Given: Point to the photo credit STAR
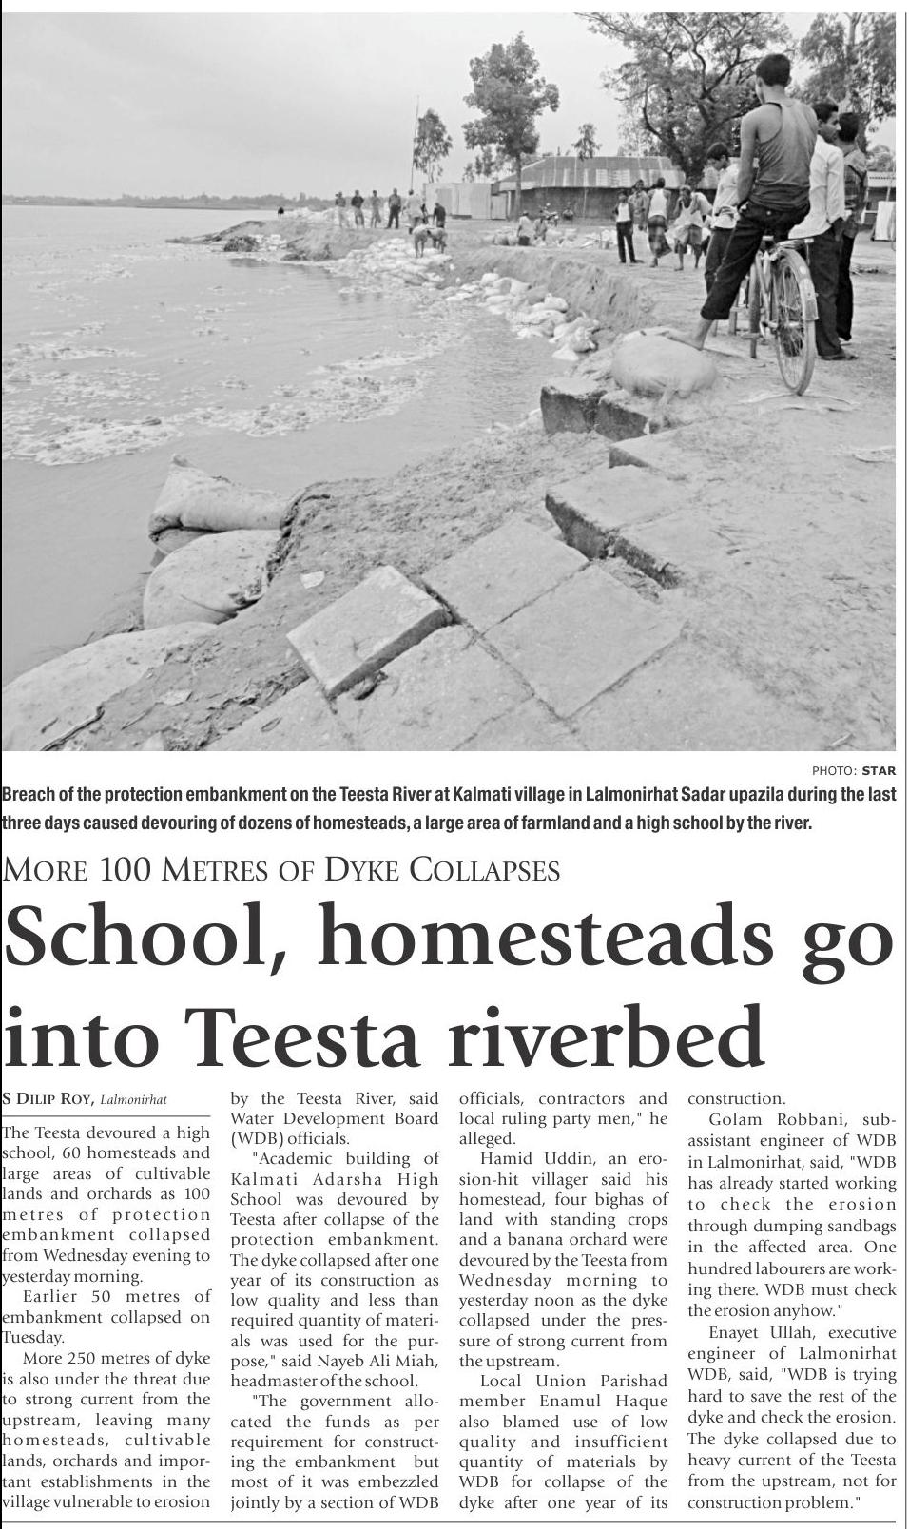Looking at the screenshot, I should tap(879, 770).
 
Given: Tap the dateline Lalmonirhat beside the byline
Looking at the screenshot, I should tap(133, 1100).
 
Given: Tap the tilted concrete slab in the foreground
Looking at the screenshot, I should tap(366, 629).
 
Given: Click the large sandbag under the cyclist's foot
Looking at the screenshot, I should tap(663, 367).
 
